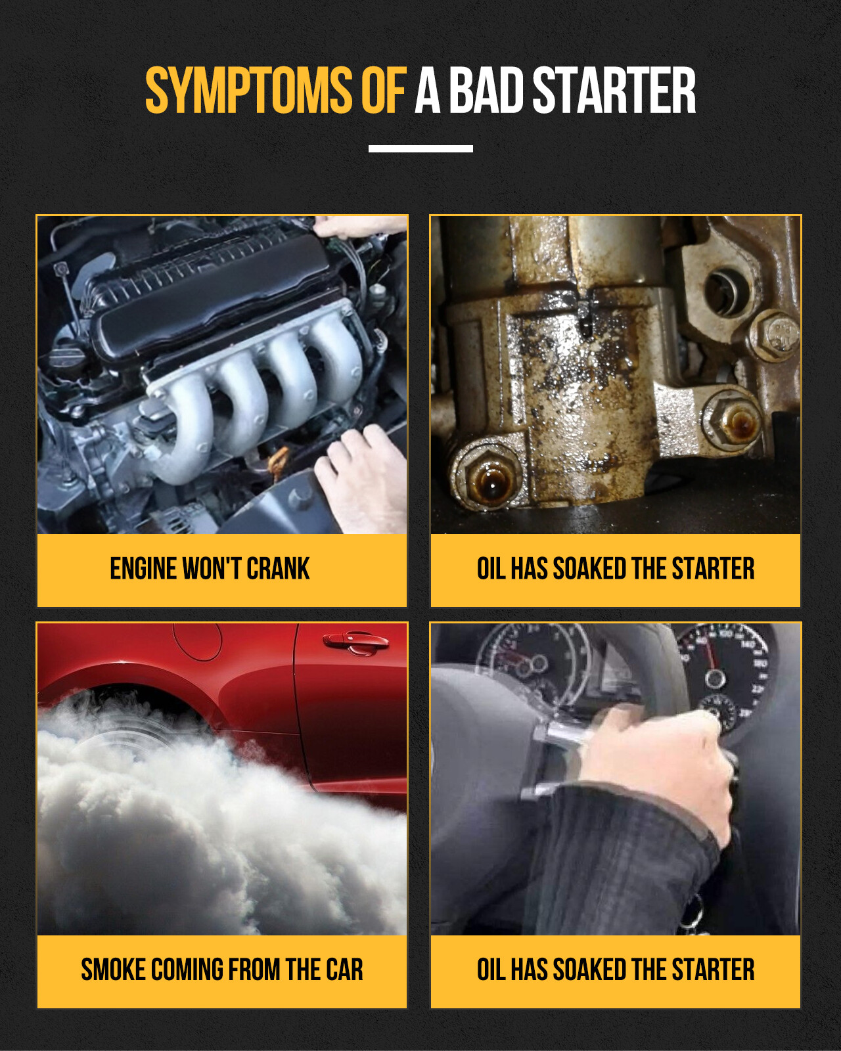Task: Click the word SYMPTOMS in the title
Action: click(248, 91)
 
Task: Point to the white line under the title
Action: click(420, 149)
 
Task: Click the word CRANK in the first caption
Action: click(278, 569)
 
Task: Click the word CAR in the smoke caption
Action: click(344, 970)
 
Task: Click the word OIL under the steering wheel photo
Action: click(491, 970)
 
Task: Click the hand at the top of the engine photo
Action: click(358, 227)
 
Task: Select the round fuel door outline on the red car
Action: click(197, 640)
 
